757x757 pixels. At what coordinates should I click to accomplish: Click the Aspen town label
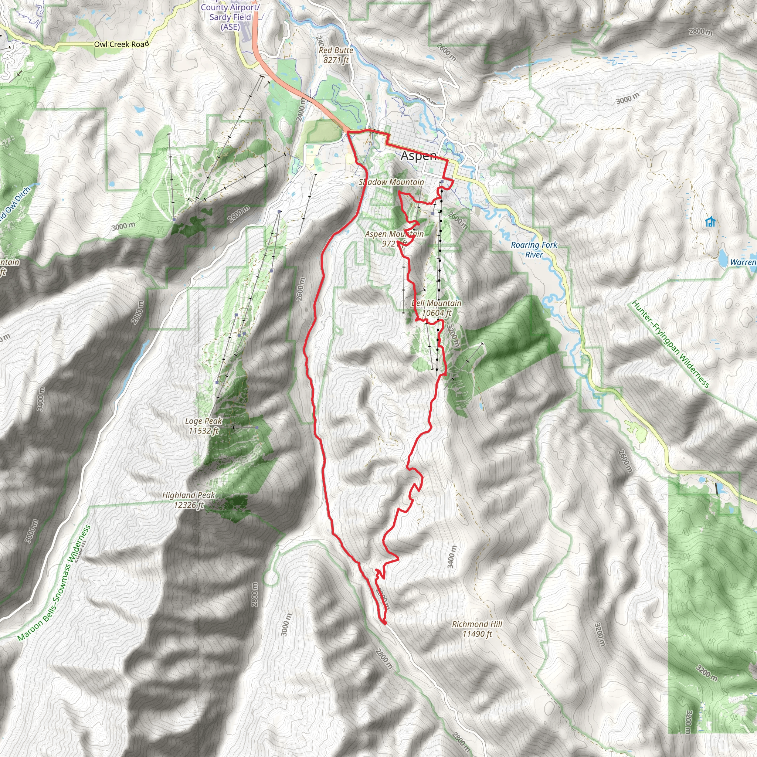(x=418, y=156)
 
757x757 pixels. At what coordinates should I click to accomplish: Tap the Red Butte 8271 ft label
(x=336, y=55)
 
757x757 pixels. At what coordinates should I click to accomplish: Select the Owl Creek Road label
(x=122, y=44)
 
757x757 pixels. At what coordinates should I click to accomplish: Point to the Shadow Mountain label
(x=391, y=182)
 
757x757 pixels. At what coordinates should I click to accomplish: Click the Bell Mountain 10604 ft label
(x=436, y=308)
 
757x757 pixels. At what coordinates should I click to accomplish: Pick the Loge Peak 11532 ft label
(x=204, y=426)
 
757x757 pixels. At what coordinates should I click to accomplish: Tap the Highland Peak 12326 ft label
(x=189, y=500)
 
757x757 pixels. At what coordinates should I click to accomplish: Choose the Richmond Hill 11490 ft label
(x=477, y=629)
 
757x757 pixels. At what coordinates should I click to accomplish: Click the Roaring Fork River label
(x=534, y=249)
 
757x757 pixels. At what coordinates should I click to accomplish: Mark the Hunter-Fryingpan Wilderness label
(x=671, y=344)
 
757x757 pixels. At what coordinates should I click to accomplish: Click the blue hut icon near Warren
(x=710, y=222)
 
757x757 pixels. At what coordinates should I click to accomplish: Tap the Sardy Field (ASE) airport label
(x=230, y=17)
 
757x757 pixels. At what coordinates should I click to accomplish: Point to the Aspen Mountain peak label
(x=394, y=239)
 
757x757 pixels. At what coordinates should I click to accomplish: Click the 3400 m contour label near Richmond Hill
(x=451, y=556)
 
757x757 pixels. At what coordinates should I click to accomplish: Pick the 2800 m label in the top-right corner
(x=700, y=31)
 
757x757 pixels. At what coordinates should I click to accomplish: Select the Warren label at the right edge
(x=743, y=262)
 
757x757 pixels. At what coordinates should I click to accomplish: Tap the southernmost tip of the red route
(x=384, y=624)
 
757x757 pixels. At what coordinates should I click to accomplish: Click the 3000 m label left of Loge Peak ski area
(x=123, y=226)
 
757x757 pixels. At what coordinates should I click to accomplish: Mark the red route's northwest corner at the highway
(x=348, y=132)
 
